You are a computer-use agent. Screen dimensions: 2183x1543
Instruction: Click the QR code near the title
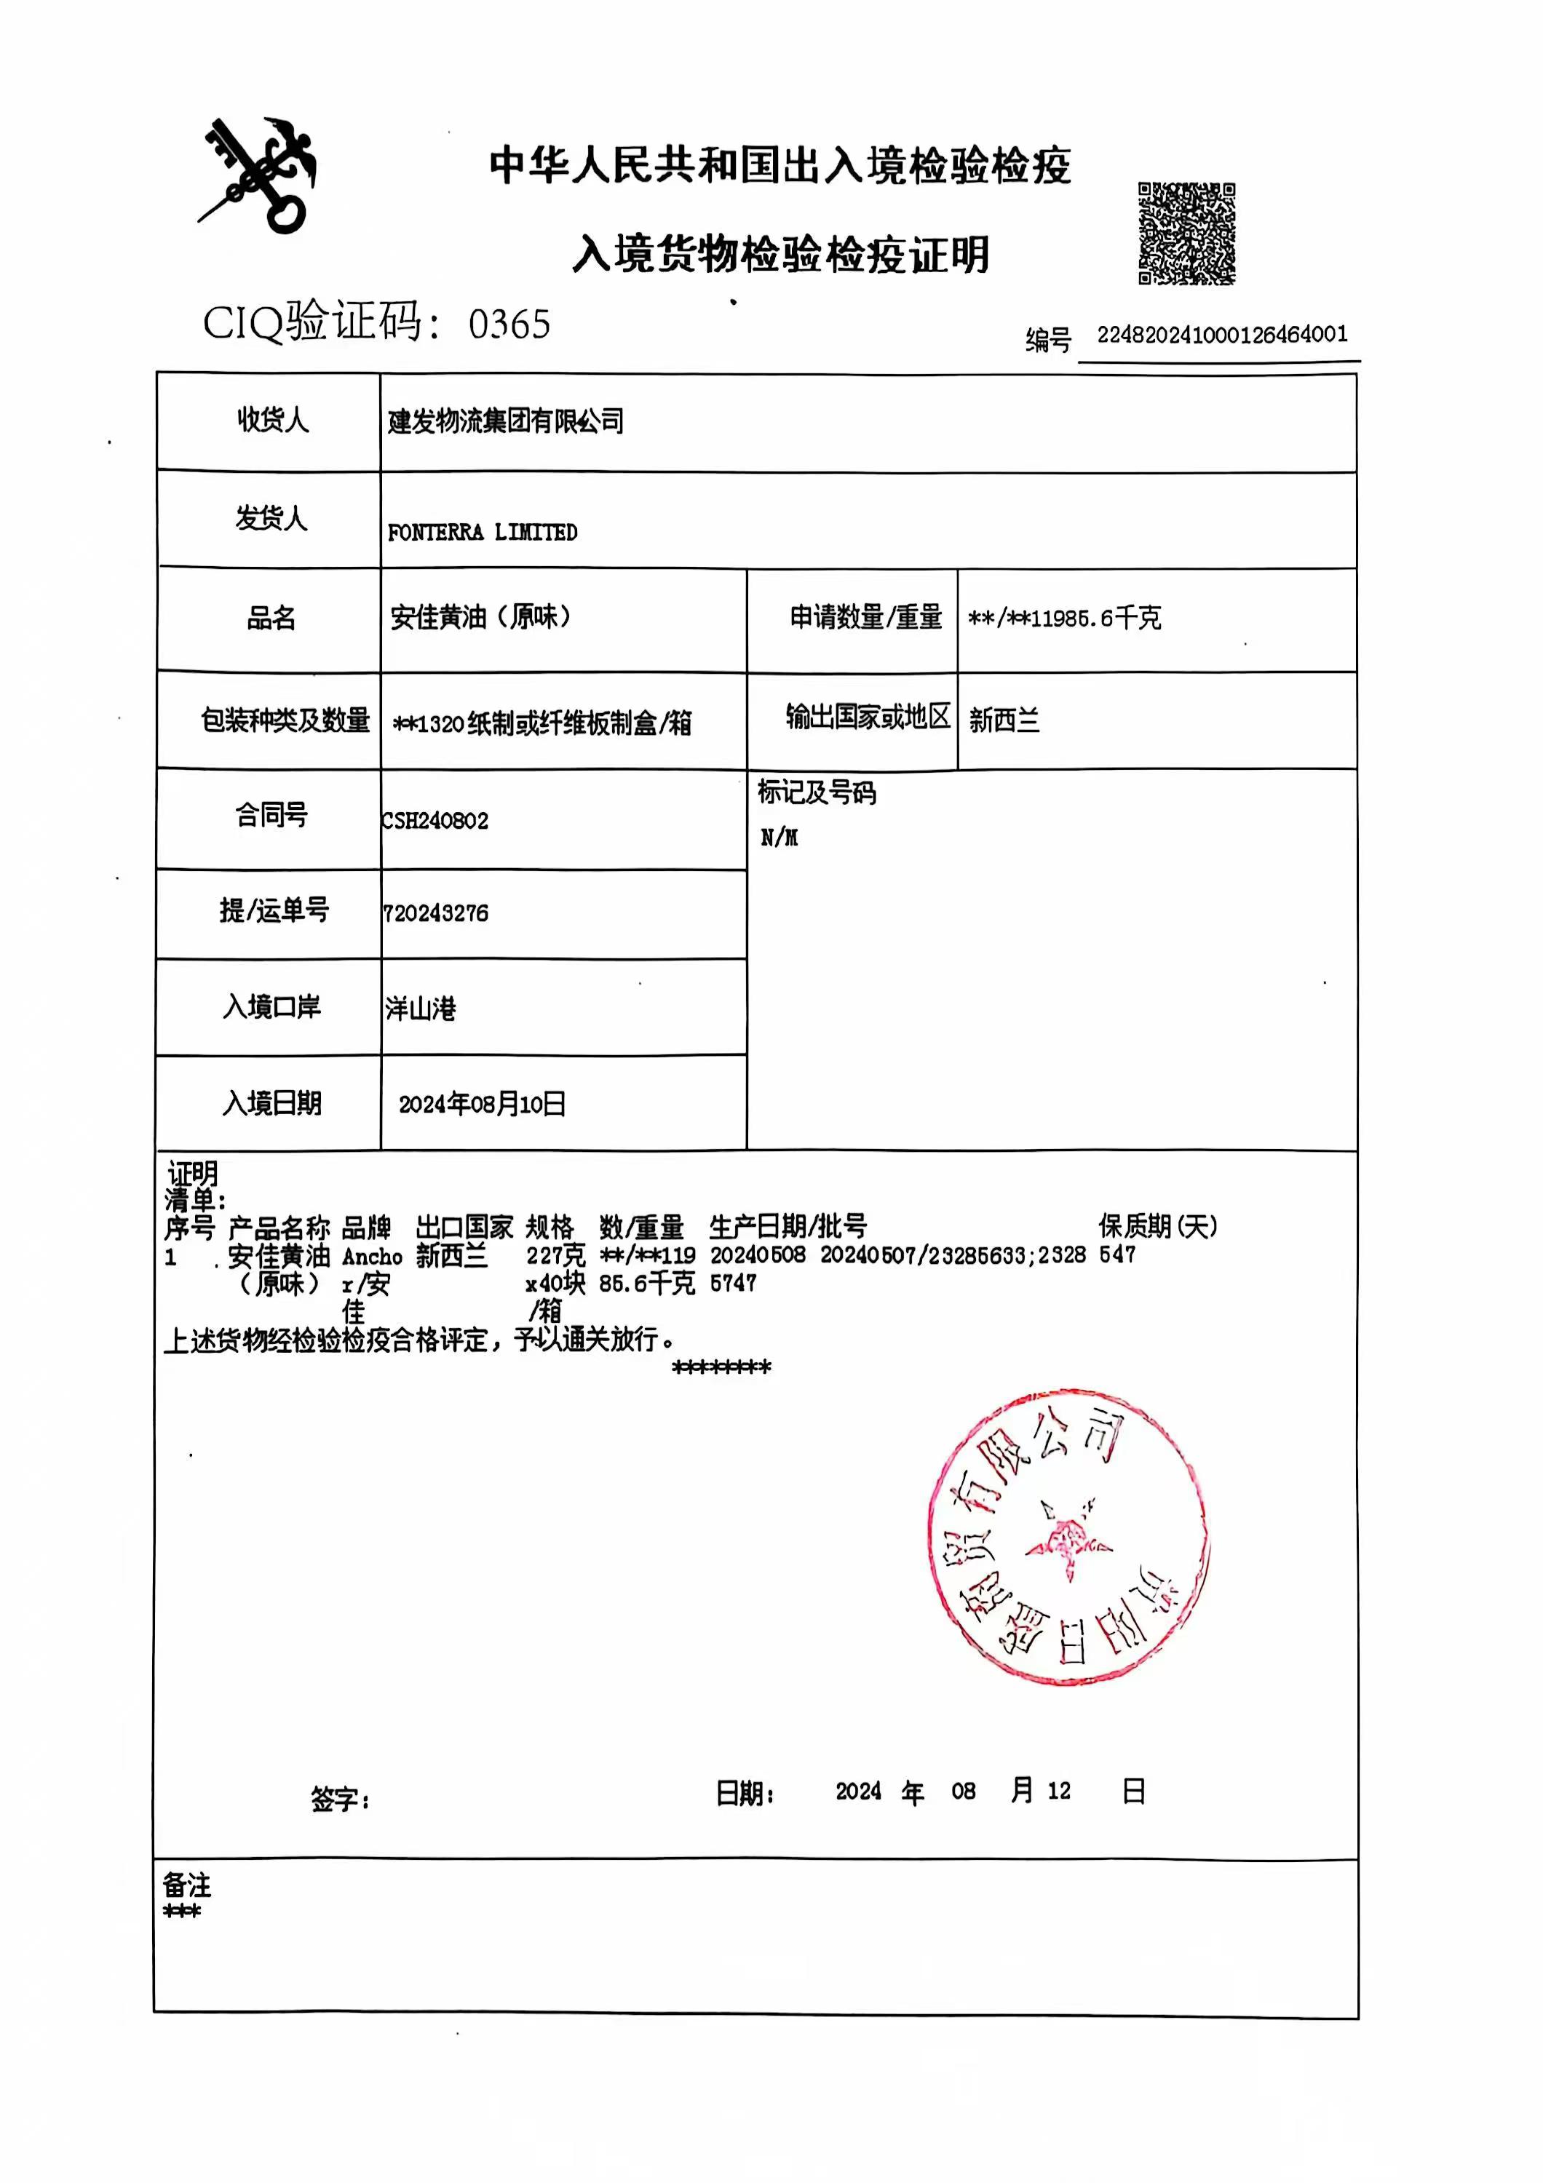click(1186, 233)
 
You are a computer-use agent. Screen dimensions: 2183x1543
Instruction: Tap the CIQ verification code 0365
click(509, 325)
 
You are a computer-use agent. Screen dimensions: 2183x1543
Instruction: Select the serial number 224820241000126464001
click(1221, 335)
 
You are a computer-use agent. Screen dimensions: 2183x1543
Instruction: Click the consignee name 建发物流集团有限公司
click(506, 421)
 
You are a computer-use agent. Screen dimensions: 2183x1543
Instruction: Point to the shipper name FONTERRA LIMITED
click(482, 533)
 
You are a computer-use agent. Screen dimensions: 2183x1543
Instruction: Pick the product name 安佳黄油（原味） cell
click(480, 618)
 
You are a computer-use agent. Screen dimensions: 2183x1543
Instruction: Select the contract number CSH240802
click(435, 821)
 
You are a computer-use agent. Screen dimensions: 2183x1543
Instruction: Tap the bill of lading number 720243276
click(435, 914)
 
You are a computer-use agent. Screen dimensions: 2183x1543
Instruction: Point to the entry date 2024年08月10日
click(482, 1104)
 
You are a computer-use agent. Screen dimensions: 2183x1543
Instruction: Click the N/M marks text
click(779, 838)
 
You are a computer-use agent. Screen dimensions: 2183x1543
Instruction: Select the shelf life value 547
click(1117, 1255)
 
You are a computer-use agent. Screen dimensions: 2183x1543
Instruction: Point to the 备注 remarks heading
click(186, 1885)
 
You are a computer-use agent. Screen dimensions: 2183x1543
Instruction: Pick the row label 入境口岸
click(272, 1007)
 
